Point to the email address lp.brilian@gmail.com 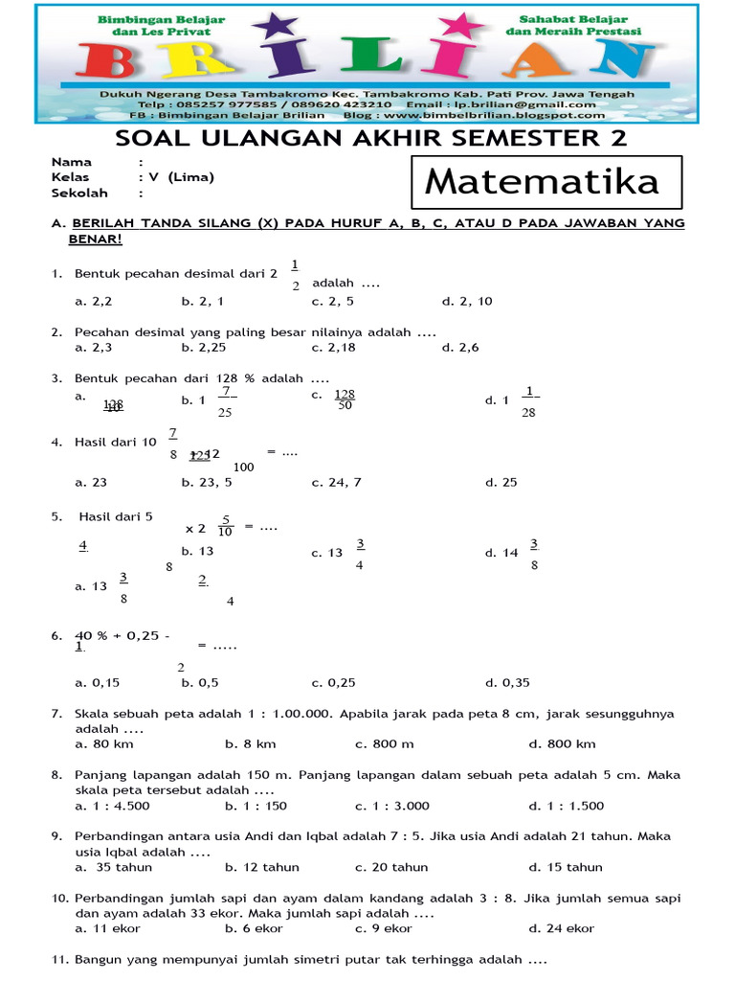pos(538,104)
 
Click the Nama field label pos(71,162)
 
